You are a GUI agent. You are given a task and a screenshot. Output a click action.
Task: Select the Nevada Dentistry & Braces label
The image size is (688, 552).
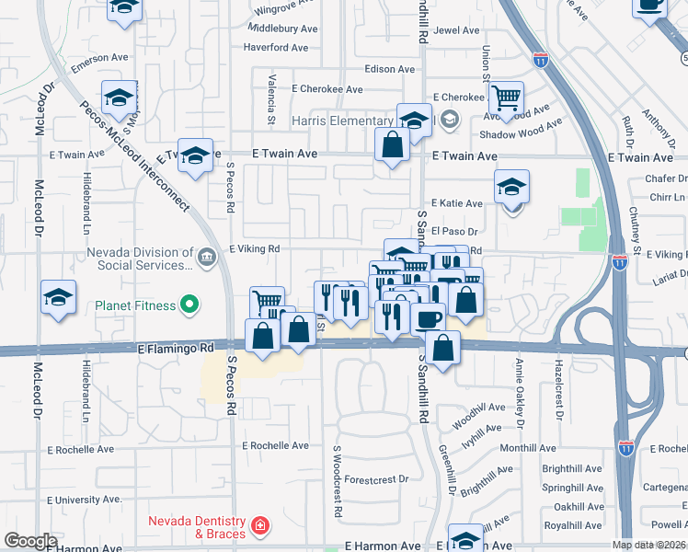(x=198, y=527)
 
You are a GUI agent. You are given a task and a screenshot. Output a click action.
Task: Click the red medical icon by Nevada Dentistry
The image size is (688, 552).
(x=262, y=526)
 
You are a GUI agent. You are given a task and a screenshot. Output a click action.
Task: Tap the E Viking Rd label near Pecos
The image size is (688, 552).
(x=254, y=248)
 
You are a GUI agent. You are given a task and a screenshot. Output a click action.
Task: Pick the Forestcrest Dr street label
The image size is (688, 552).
(x=376, y=479)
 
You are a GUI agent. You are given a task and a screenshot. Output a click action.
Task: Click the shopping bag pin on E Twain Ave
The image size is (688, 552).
(x=393, y=144)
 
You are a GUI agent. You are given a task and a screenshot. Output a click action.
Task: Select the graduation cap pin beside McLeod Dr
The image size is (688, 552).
(x=58, y=298)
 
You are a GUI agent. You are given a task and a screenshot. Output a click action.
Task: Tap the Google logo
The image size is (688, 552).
(x=31, y=540)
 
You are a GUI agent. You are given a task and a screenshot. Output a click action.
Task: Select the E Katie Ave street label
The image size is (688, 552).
(x=457, y=203)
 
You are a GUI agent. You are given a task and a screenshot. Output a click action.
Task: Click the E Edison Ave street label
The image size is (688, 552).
(x=392, y=69)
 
